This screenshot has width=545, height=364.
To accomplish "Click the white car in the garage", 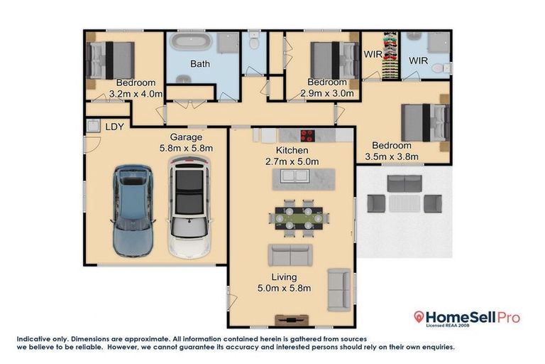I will point(189,208).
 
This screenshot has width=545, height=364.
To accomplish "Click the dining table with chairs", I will point(297,218).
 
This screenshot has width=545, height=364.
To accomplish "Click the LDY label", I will point(114,127).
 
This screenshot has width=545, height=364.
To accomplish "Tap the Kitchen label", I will point(292,151).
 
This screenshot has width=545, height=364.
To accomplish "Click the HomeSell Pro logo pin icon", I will point(420,317).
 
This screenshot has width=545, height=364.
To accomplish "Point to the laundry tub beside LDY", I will point(92,126).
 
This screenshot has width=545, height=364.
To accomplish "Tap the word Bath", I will point(199,64).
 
